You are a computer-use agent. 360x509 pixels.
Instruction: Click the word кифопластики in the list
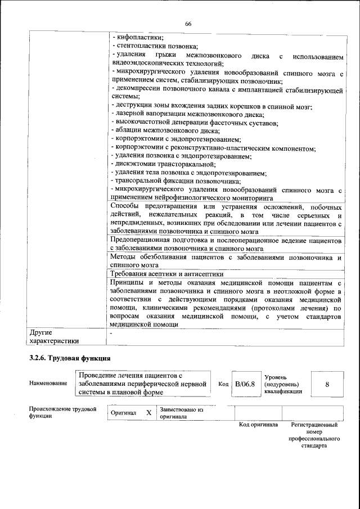click(136, 38)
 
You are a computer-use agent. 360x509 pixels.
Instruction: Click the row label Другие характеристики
click(54, 336)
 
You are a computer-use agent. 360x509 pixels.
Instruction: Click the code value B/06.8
click(245, 384)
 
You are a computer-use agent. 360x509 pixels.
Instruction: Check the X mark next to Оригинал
click(149, 413)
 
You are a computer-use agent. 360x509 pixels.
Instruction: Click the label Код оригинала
click(259, 425)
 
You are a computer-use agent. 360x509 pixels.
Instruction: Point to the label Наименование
click(48, 384)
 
